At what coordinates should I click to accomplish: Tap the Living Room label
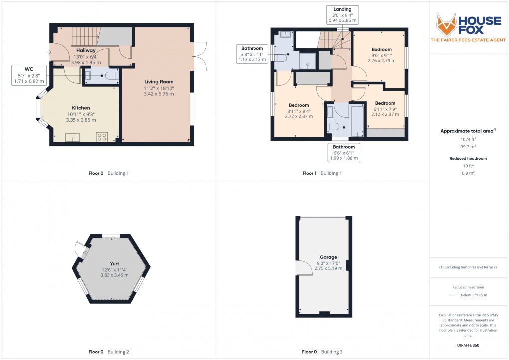(159, 81)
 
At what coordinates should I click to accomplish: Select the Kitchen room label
(80, 108)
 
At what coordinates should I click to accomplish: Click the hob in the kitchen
(102, 136)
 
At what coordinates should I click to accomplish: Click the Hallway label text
(86, 50)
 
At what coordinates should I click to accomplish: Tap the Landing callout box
(342, 15)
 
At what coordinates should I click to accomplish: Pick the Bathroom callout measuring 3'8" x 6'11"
(252, 53)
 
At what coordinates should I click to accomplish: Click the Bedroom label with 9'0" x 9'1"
(381, 49)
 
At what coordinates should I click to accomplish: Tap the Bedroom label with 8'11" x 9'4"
(299, 105)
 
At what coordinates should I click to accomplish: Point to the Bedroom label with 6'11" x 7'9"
(385, 103)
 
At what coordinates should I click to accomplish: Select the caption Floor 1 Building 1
(322, 173)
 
